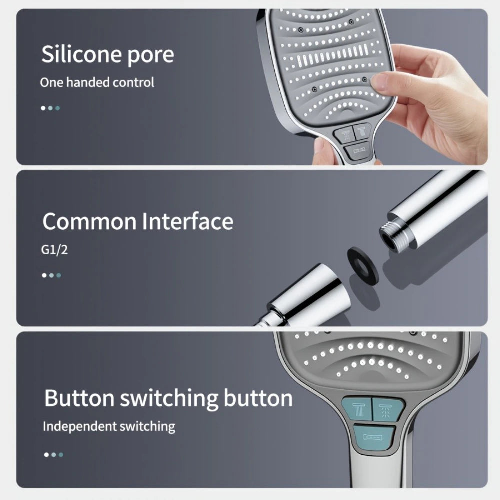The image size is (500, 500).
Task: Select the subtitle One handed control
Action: tap(97, 82)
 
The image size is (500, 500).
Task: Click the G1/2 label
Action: tap(54, 249)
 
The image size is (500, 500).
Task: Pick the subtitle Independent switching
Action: tap(108, 426)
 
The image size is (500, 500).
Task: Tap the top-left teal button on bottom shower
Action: tap(356, 408)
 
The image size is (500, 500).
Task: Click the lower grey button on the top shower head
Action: tap(359, 150)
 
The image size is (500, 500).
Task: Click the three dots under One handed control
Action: tap(50, 108)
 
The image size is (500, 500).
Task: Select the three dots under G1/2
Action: tap(51, 275)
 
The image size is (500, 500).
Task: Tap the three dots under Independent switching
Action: tap(53, 454)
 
